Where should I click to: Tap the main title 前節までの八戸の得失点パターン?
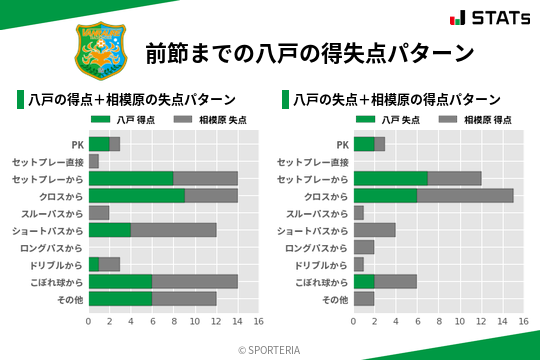click(308, 52)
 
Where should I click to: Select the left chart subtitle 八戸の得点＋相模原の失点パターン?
click(132, 99)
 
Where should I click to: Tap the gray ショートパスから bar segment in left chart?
click(173, 230)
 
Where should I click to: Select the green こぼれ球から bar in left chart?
click(121, 281)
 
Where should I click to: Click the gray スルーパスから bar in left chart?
click(99, 213)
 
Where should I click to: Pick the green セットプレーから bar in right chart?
click(391, 178)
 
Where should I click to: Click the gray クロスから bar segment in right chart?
click(465, 196)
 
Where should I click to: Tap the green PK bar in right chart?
click(364, 144)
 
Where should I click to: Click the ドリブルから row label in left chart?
click(56, 264)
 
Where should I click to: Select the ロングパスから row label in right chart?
click(317, 247)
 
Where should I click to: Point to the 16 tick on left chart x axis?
click(258, 322)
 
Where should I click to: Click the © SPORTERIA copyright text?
click(270, 349)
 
